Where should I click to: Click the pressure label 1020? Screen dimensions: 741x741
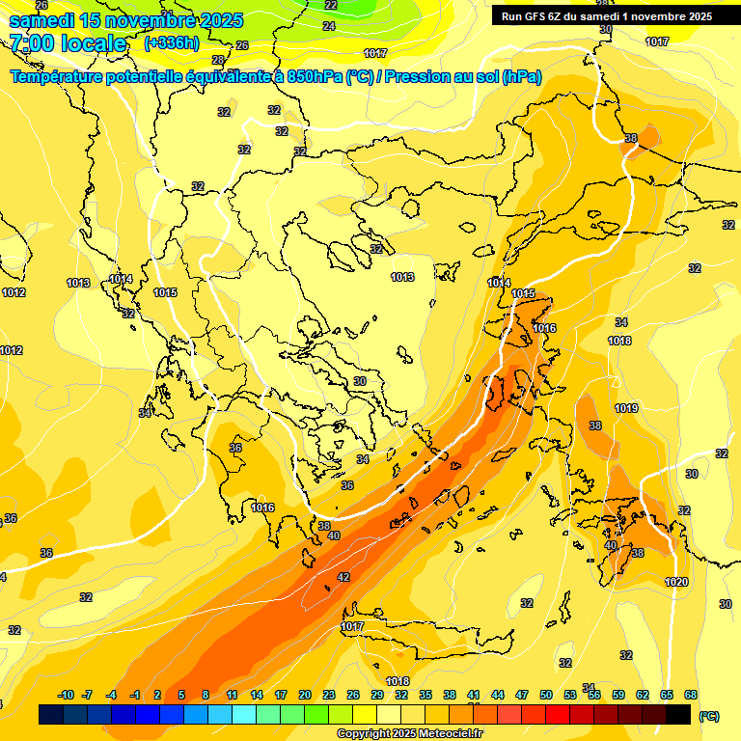676,582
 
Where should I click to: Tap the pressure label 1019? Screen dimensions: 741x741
626,408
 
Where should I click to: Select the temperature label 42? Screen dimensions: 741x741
343,577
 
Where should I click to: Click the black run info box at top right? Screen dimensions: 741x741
605,16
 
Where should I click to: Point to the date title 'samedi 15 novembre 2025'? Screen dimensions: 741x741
126,20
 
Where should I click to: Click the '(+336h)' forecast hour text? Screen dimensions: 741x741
171,42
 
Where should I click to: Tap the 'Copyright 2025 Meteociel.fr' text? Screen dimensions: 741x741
409,733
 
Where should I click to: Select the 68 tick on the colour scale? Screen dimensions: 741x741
691,695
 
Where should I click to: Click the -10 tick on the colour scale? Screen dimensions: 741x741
67,695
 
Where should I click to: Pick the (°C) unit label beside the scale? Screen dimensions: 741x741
708,716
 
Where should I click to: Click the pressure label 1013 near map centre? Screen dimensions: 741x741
402,278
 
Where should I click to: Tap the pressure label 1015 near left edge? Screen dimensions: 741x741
165,292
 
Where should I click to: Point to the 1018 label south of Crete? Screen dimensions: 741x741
398,681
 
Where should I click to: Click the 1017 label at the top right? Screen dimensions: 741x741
657,41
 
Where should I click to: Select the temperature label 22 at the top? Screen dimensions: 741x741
331,5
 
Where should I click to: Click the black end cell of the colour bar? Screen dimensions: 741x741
677,715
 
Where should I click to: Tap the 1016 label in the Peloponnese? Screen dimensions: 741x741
262,508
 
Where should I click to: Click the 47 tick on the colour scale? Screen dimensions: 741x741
522,695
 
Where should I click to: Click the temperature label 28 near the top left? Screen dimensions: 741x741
218,60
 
